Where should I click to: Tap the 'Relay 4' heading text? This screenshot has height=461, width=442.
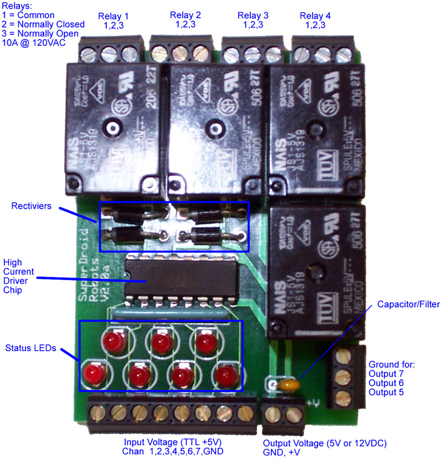315,15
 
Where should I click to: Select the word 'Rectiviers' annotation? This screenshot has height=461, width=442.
31,206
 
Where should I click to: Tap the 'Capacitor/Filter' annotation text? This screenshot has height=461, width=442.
408,304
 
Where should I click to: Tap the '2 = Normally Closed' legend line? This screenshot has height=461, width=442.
43,24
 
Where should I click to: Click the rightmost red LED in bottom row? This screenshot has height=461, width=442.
224,375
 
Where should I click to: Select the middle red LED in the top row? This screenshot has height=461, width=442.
161,342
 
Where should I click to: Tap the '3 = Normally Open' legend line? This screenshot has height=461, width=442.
41,34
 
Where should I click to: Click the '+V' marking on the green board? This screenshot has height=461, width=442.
314,401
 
